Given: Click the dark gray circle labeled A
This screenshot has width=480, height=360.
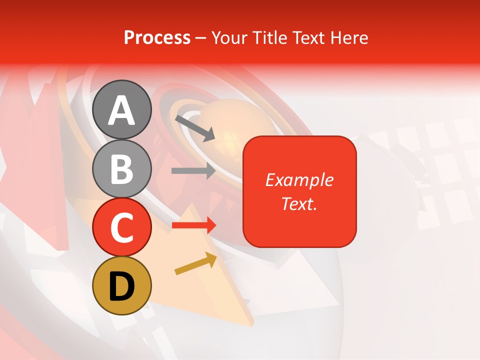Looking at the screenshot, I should [122, 109].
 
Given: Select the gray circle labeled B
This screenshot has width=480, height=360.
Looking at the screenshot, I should [122, 168].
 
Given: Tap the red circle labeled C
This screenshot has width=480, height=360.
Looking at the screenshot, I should [122, 227].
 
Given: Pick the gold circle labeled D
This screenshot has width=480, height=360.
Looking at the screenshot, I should [122, 286].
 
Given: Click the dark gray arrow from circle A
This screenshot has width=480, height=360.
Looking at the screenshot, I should [195, 127].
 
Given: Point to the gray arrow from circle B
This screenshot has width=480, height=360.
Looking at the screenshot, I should [193, 170].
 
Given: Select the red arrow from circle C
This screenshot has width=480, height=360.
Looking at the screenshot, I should [194, 225].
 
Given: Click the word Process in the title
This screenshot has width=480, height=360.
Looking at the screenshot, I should [157, 37].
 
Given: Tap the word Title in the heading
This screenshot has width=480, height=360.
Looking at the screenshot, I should [269, 37].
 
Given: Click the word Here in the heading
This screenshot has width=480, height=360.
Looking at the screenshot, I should [349, 37].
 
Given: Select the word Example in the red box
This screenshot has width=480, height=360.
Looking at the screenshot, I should [299, 180].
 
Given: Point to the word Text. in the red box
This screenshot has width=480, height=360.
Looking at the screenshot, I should [299, 203].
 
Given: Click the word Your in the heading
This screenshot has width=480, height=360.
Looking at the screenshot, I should [229, 37].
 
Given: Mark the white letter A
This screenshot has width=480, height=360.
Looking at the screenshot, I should [122, 110].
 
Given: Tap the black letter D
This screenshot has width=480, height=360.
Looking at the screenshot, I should [122, 286].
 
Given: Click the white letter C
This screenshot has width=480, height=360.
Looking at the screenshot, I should [122, 228].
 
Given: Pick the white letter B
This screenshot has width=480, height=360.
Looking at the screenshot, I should [122, 169].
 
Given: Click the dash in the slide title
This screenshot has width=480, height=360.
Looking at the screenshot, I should [201, 38].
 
